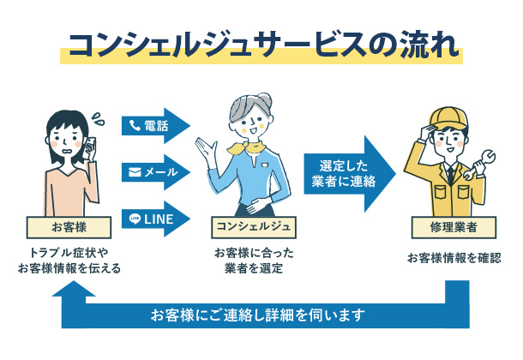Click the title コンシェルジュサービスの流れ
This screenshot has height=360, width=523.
pyautogui.click(x=261, y=45)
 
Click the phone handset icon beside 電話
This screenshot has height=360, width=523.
pyautogui.click(x=135, y=125)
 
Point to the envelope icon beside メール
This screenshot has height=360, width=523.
pyautogui.click(x=135, y=171)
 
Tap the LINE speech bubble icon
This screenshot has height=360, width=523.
pyautogui.click(x=134, y=219)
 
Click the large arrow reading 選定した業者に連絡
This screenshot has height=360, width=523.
pyautogui.click(x=347, y=171)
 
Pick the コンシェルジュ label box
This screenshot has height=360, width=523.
pyautogui.click(x=254, y=227)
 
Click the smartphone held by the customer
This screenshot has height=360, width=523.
pyautogui.click(x=89, y=145)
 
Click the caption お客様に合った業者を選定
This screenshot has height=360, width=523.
pyautogui.click(x=254, y=261)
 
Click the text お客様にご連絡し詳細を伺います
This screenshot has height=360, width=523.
pyautogui.click(x=257, y=314)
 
